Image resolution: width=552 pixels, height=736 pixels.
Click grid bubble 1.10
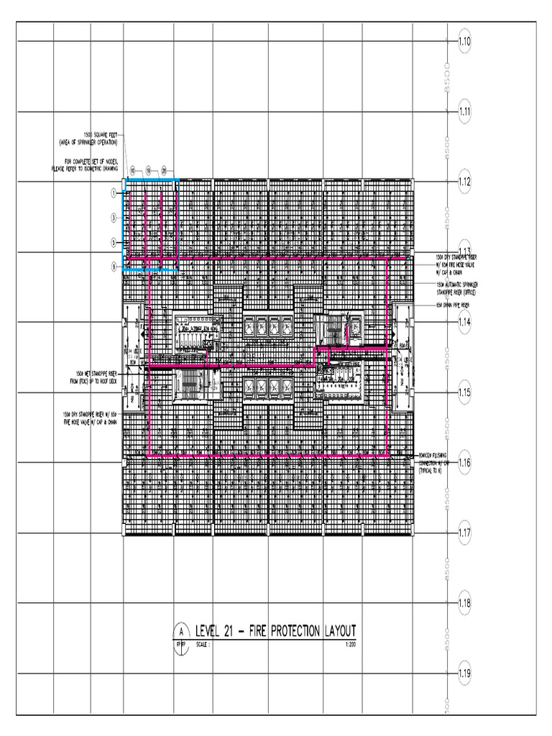point(464,42)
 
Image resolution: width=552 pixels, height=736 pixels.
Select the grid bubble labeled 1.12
point(464,182)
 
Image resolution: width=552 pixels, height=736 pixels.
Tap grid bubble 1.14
point(464,323)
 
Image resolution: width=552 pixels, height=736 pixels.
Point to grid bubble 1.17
point(464,533)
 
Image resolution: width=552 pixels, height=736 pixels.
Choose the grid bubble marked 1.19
point(464,673)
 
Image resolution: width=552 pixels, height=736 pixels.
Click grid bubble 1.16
point(464,463)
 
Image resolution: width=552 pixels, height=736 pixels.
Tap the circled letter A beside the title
point(182,631)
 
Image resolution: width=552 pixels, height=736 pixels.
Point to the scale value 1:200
point(350,645)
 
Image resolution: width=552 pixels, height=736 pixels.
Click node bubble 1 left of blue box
point(114,193)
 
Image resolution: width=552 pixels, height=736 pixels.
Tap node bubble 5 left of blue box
point(114,242)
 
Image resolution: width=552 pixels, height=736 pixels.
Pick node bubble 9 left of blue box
point(114,267)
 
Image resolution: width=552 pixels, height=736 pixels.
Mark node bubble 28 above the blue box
point(164,170)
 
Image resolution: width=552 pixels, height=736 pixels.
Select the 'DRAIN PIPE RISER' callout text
point(456,305)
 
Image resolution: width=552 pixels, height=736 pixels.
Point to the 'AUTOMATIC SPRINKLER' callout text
point(457,285)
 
